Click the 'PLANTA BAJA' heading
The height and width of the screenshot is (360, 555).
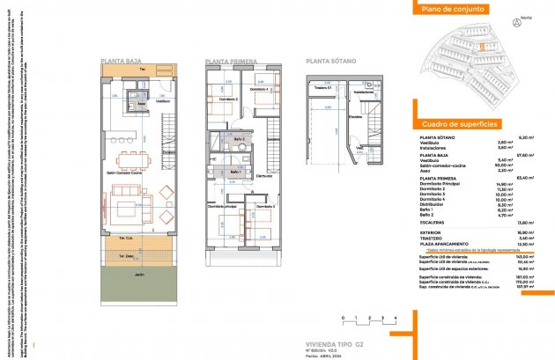(123, 61)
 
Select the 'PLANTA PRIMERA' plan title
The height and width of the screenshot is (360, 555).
(230, 61)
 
